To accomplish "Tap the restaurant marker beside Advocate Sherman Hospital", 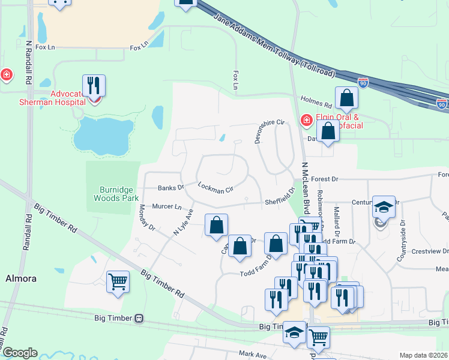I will [94, 86].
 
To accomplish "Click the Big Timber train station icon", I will [139, 317].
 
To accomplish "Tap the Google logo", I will [19, 353].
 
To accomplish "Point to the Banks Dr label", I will [170, 188].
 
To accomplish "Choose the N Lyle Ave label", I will [184, 221].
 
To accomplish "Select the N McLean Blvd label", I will [306, 189].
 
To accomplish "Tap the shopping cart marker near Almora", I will [118, 281].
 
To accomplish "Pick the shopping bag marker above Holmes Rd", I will [346, 97].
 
